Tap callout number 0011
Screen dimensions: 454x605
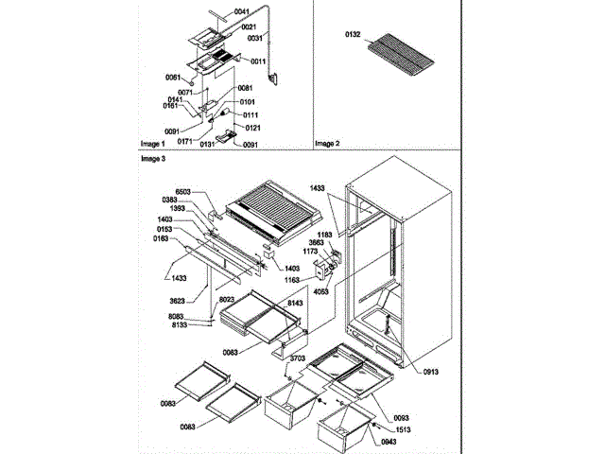pos(259,60)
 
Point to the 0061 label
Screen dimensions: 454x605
pos(172,77)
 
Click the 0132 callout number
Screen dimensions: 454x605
pos(353,34)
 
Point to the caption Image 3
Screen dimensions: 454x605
pos(152,160)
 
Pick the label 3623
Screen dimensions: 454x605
pos(181,298)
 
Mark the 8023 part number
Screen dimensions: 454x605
pos(226,300)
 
